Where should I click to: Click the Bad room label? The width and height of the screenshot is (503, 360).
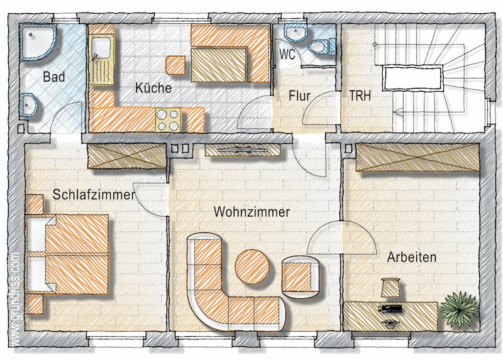pos(54,77)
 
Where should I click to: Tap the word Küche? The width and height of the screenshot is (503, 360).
pos(153,88)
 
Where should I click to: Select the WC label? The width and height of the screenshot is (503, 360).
pos(287,54)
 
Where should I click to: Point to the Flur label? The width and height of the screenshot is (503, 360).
pos(299,96)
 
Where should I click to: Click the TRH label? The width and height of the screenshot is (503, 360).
pos(360,95)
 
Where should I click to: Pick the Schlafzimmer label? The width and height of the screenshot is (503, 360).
pos(94,195)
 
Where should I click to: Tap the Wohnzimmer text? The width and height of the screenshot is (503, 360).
pos(252,212)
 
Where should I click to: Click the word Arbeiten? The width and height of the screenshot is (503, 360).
pos(412,257)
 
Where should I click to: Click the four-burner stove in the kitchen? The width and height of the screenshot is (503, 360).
pos(168,120)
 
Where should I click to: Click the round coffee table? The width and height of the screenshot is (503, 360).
pos(252,267)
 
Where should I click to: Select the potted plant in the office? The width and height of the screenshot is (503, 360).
pos(460,309)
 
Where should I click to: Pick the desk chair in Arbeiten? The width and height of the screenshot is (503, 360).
pos(390,288)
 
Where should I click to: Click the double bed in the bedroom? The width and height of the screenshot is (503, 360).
pos(67,254)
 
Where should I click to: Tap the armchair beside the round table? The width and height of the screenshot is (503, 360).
pos(301,277)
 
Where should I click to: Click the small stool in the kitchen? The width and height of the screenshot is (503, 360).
pos(175,65)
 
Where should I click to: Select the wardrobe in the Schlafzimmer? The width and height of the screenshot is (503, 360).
pos(127,156)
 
